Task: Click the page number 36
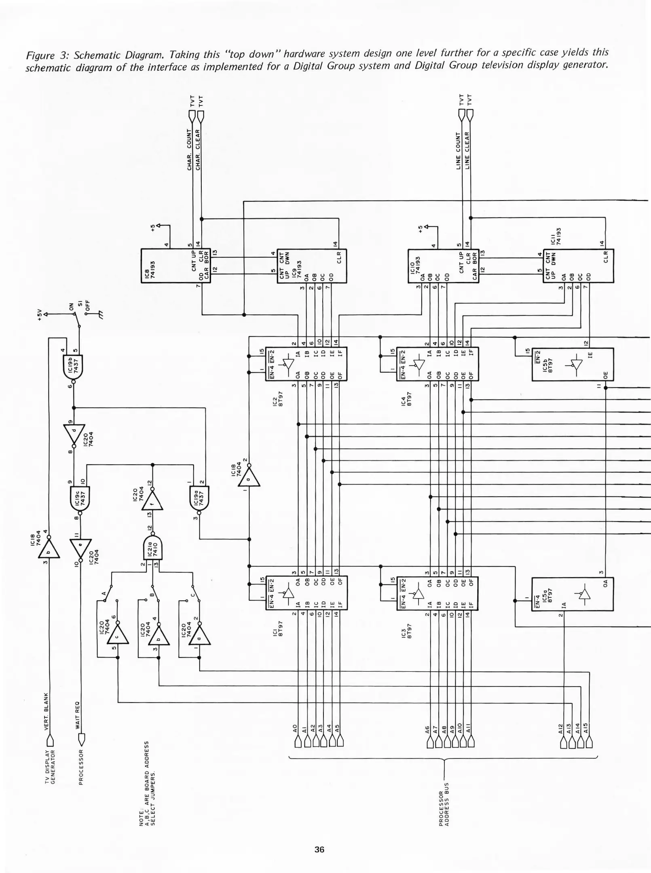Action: pyautogui.click(x=319, y=849)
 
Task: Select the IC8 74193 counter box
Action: pyautogui.click(x=175, y=266)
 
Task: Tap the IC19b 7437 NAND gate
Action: pyautogui.click(x=73, y=367)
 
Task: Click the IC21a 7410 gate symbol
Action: pyautogui.click(x=153, y=548)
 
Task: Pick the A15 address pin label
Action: pyautogui.click(x=587, y=728)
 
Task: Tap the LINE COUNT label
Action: pyautogui.click(x=459, y=150)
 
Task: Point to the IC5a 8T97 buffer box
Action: pyautogui.click(x=572, y=594)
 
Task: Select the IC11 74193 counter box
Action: pyautogui.click(x=578, y=266)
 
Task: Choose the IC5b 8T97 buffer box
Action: pyautogui.click(x=572, y=364)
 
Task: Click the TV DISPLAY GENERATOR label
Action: pyautogui.click(x=50, y=767)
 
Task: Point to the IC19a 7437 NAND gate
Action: pyautogui.click(x=199, y=498)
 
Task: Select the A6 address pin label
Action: pyautogui.click(x=427, y=729)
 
